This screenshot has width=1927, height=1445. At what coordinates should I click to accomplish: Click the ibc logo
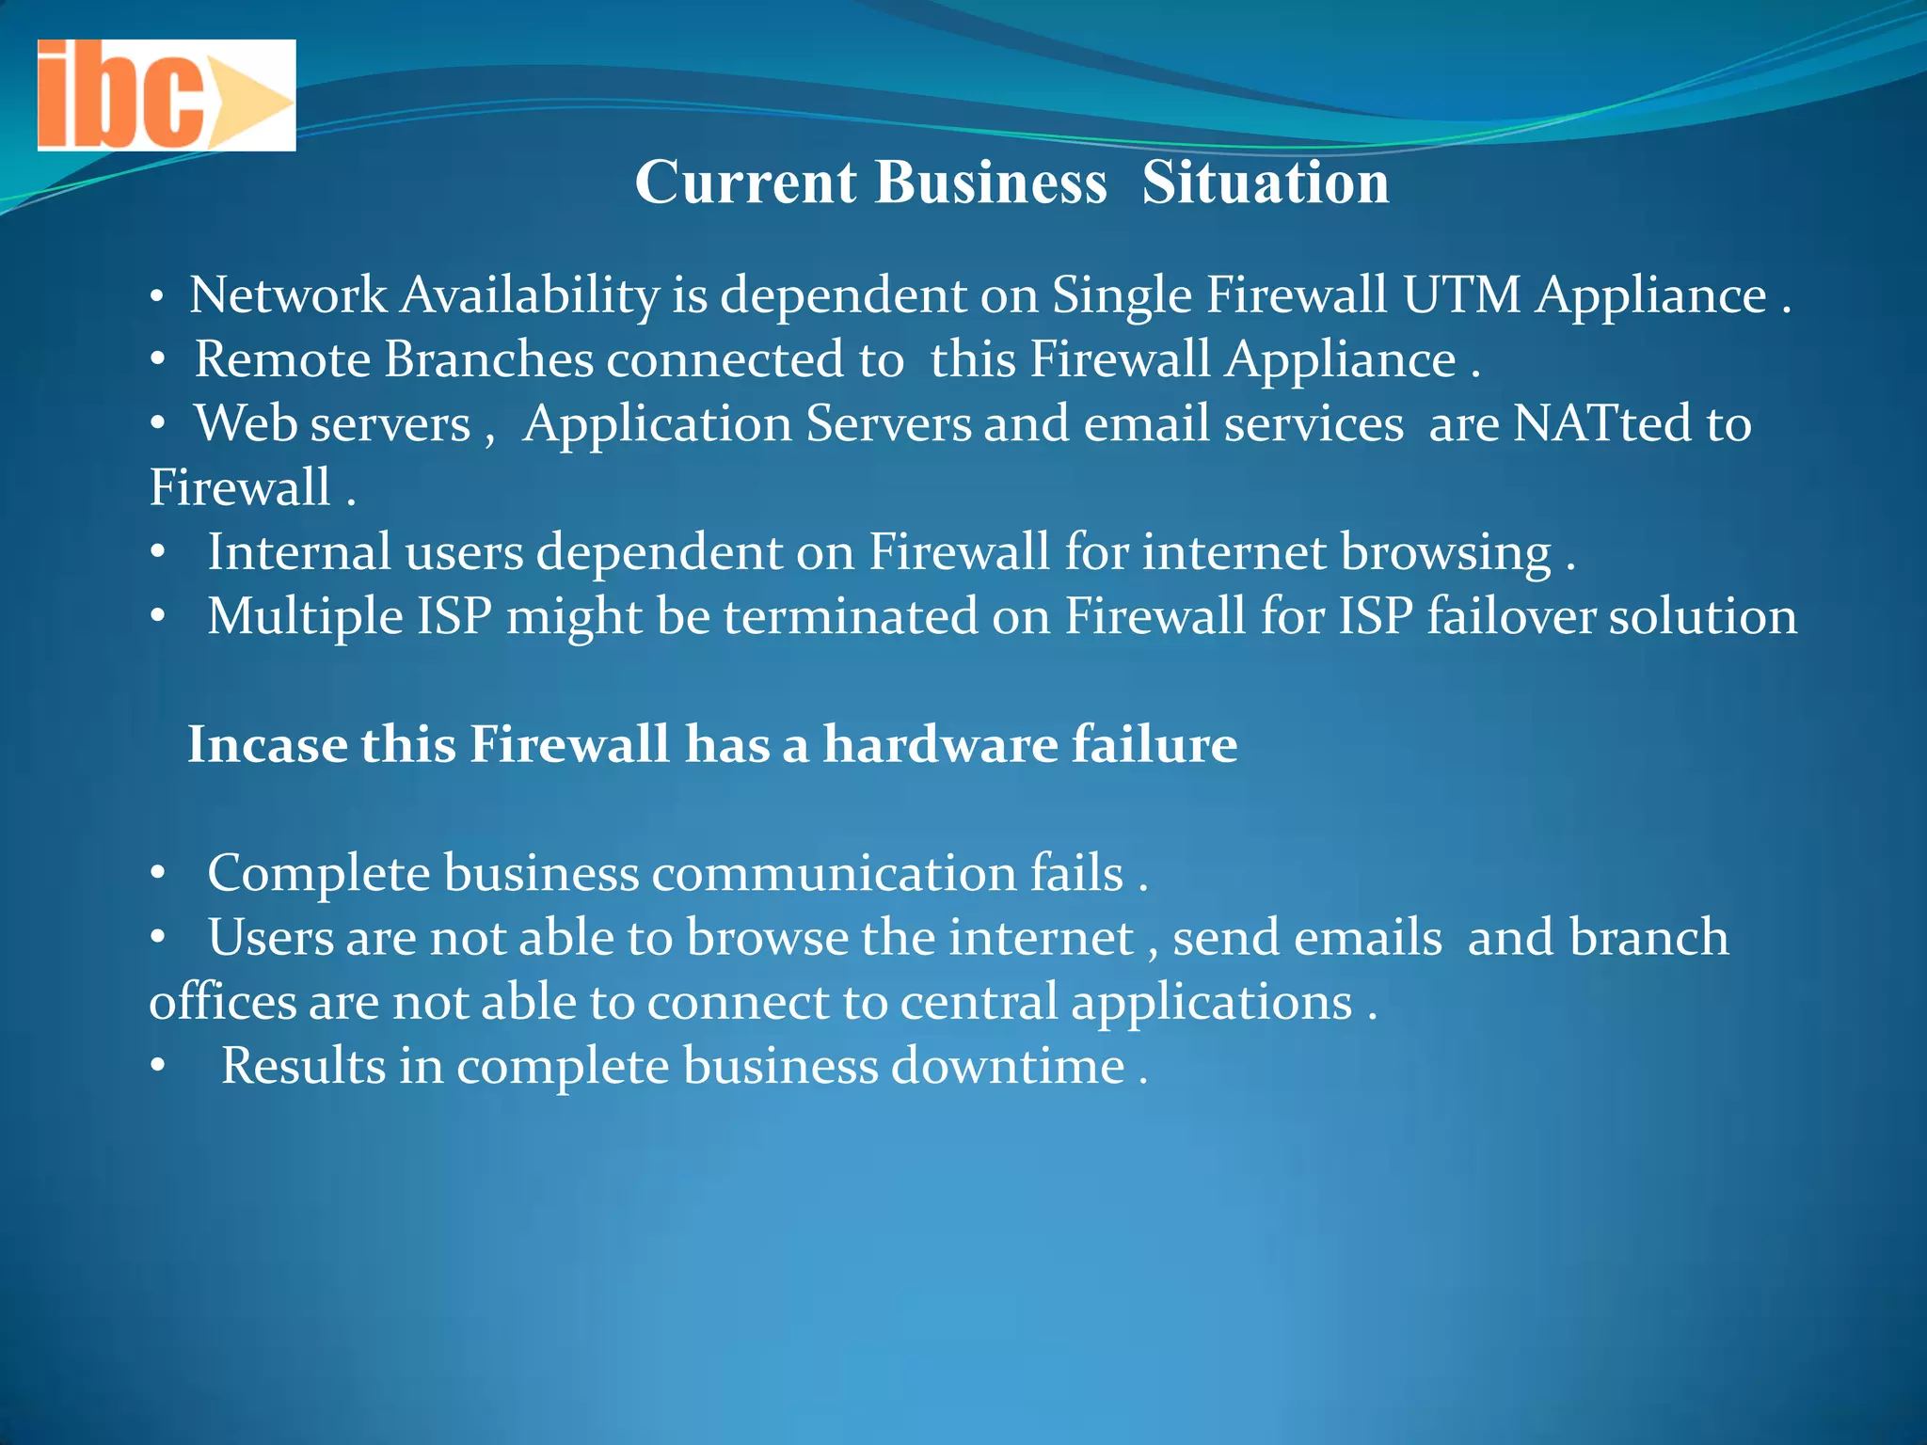[166, 95]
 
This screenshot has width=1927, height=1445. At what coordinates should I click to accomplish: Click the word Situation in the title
[1266, 182]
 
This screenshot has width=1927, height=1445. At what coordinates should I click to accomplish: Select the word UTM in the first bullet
[1461, 295]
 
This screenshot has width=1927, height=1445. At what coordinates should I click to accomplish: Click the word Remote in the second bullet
[282, 360]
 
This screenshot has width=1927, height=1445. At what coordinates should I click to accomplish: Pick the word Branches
[488, 360]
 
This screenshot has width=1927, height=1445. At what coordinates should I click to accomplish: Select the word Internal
[298, 552]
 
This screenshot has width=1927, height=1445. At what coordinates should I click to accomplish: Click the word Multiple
[305, 618]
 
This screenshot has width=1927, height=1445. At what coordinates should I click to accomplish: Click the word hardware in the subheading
[940, 745]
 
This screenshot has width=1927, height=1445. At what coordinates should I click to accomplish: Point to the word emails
[1307, 938]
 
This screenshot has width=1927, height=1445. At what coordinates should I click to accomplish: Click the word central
[979, 1002]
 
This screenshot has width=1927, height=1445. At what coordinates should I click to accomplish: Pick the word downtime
[1008, 1067]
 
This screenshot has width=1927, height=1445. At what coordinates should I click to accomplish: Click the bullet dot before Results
[157, 1067]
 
